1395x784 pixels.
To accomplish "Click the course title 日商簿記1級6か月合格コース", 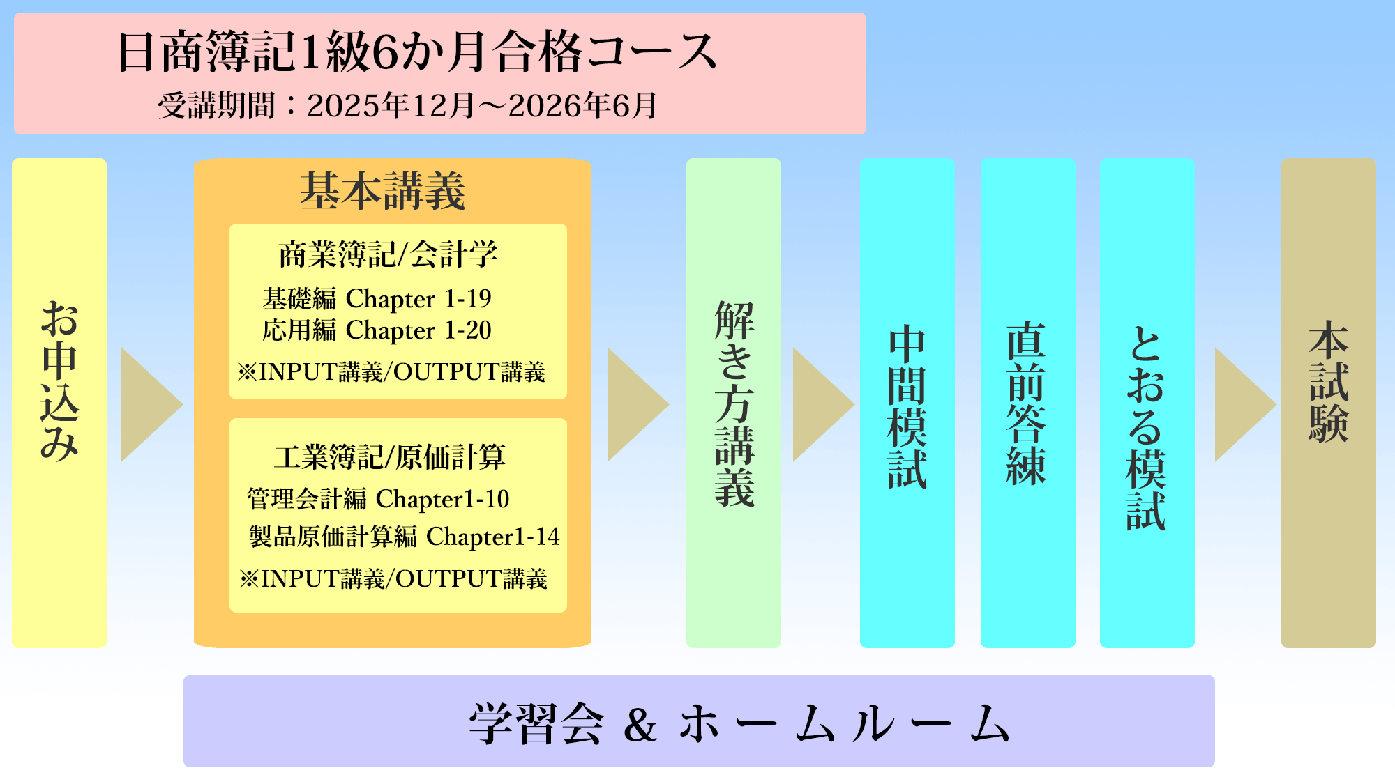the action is tap(417, 52).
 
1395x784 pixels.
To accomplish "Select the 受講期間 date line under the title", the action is tap(407, 106).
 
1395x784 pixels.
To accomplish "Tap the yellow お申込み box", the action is tap(59, 403).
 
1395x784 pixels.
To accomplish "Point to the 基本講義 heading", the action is tap(383, 191).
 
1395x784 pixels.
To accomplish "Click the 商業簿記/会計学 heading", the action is tap(389, 254).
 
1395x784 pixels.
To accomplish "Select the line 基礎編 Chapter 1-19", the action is tap(377, 298).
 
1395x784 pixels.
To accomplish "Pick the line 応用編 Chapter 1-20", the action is tap(377, 330).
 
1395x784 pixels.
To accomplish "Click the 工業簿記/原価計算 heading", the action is tap(390, 457).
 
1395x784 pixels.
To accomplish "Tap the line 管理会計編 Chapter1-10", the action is tap(378, 499).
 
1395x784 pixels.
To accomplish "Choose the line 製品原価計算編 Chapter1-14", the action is tap(405, 537).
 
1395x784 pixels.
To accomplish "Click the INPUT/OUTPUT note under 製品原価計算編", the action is tap(393, 578).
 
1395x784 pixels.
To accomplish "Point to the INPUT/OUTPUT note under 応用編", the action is tap(391, 371).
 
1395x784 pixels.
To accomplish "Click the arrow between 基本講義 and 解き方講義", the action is tap(638, 404).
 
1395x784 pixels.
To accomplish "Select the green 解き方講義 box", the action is tap(734, 403).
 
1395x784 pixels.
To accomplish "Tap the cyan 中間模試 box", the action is tap(907, 403).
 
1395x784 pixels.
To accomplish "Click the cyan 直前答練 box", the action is tap(1028, 403).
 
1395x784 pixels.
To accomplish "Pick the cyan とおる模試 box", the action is tap(1147, 403).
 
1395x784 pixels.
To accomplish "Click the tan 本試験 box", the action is tap(1329, 403).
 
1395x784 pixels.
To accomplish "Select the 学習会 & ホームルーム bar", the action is tap(699, 721).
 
